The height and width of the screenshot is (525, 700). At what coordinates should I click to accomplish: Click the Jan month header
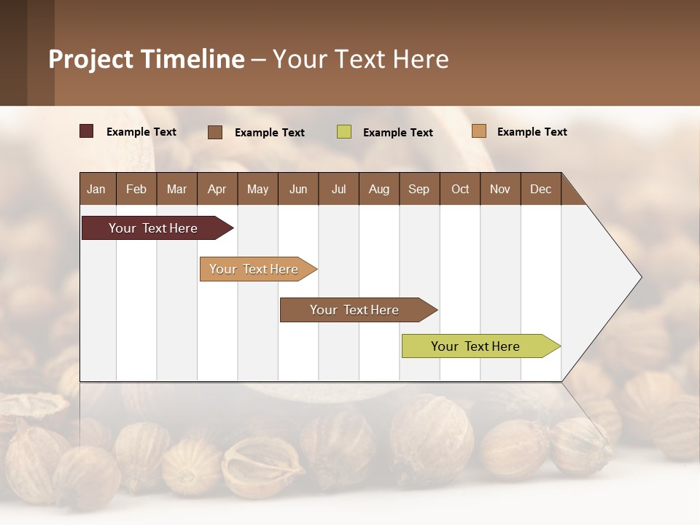click(x=97, y=189)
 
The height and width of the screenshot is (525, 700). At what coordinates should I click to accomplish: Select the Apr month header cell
click(x=217, y=189)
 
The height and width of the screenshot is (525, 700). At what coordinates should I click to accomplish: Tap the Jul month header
click(x=338, y=189)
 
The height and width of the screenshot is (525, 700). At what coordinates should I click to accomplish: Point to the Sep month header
click(x=419, y=189)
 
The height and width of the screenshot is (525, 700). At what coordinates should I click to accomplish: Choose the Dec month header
click(x=540, y=189)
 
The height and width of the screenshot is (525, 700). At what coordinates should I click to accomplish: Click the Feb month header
click(x=136, y=189)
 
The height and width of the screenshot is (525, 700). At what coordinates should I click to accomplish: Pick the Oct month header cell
click(x=460, y=189)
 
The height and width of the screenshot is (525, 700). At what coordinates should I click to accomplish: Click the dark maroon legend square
click(x=86, y=131)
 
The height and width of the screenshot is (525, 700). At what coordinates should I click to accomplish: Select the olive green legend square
click(x=344, y=132)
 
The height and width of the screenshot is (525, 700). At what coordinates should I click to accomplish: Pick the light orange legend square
click(x=478, y=131)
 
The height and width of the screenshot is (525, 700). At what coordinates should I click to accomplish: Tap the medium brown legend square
click(x=215, y=132)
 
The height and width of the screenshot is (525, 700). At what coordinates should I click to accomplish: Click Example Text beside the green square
click(x=397, y=133)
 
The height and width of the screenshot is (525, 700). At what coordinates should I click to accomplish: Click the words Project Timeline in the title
click(x=146, y=59)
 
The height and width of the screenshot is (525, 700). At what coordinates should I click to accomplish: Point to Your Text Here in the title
click(x=360, y=59)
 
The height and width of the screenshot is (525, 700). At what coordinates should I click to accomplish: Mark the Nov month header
click(x=500, y=189)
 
